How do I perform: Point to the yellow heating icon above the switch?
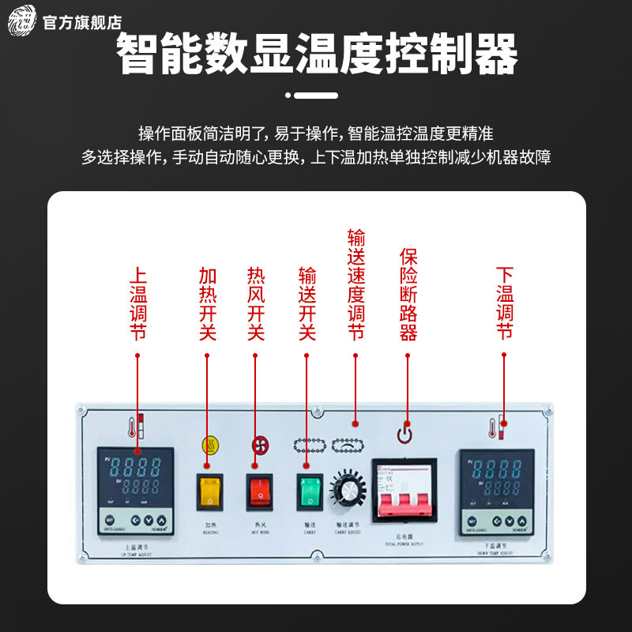(209, 445)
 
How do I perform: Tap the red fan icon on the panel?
(258, 445)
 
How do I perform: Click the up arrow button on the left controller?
(162, 521)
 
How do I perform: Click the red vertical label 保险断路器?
(408, 294)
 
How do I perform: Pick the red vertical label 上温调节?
(137, 303)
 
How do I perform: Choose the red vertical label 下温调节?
(505, 303)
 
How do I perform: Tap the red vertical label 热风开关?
(256, 303)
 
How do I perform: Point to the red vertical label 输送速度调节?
(356, 284)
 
